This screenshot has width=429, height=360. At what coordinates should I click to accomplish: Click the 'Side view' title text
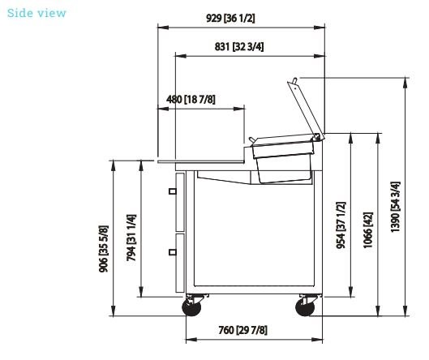coord(36,13)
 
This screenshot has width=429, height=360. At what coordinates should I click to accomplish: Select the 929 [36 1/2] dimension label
coord(230,19)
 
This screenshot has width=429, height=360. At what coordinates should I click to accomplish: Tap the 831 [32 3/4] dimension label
coord(239,47)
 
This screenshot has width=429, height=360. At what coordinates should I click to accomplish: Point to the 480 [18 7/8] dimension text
coord(191,99)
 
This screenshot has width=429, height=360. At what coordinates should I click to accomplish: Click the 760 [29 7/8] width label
coord(242,330)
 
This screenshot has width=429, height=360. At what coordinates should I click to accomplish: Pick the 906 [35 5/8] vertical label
coord(104,249)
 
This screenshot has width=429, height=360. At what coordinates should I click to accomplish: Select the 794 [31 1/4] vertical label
coord(131,238)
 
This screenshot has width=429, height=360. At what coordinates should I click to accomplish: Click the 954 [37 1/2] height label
coord(341,225)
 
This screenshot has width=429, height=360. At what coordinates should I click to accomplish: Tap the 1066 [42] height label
coord(368,230)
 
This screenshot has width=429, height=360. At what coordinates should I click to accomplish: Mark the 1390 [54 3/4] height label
coord(395,207)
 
